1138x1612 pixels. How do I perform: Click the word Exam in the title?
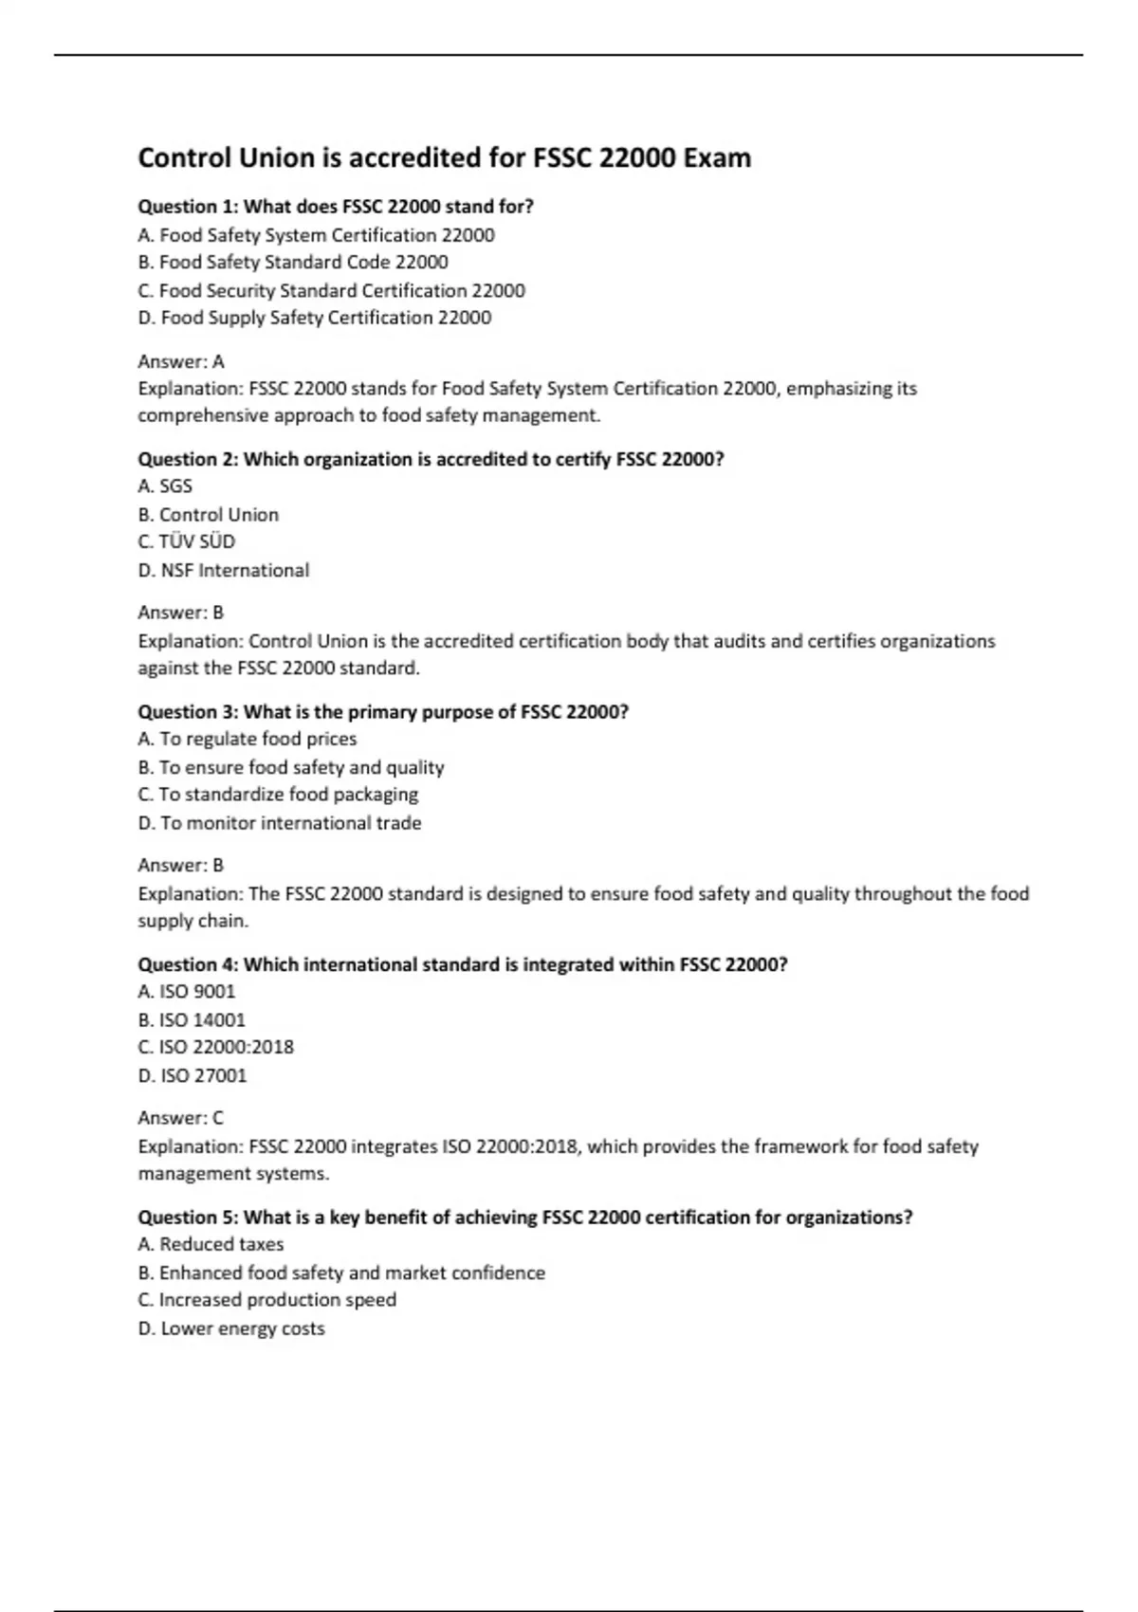[x=716, y=157]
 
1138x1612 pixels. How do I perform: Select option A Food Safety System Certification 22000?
[x=316, y=234]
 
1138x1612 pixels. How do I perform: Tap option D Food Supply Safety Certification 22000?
[x=314, y=318]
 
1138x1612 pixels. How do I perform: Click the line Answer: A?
[x=181, y=361]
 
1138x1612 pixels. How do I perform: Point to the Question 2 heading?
[x=431, y=459]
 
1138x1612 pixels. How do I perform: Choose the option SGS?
[x=165, y=485]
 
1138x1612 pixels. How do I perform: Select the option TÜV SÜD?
[x=186, y=541]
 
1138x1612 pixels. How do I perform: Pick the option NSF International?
[x=223, y=570]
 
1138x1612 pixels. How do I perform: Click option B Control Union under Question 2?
[x=208, y=514]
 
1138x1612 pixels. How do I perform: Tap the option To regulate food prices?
[x=247, y=739]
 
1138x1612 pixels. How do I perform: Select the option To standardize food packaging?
[x=278, y=794]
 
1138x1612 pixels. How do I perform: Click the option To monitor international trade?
[x=279, y=822]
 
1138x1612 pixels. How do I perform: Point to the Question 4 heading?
[x=462, y=964]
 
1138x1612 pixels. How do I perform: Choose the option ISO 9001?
[x=186, y=991]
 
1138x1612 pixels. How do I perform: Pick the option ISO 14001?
[x=191, y=1019]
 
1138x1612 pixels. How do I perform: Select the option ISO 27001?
[x=192, y=1075]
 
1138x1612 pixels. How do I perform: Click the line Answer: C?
[x=180, y=1117]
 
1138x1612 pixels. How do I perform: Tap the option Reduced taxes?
[x=211, y=1244]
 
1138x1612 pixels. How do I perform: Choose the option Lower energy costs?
[x=230, y=1328]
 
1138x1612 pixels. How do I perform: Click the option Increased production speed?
[x=266, y=1299]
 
